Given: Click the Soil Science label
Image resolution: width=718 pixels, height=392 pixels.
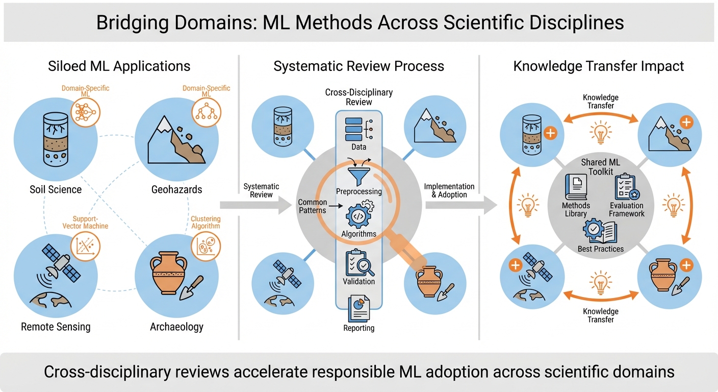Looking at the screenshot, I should coord(56,189).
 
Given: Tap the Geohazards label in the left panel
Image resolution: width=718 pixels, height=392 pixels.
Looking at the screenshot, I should coord(176,189).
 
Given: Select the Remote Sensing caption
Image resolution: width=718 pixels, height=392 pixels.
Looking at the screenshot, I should coord(56,327).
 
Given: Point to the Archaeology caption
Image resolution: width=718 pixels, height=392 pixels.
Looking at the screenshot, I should coord(176,327).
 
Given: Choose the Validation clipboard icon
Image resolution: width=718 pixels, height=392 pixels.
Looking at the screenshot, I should coord(359,262).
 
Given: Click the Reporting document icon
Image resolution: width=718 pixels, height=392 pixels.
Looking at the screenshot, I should coord(359,308).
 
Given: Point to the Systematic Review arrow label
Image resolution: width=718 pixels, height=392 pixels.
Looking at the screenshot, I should coord(262,190).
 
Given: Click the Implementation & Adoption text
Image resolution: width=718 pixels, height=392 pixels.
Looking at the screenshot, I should coord(449,190).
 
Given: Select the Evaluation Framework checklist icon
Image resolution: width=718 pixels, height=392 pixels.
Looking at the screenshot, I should coord(626,187).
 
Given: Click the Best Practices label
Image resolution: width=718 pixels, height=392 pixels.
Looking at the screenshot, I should coord(601,249).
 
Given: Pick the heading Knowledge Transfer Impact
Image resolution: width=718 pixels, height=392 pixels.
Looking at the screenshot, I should coord(599,66).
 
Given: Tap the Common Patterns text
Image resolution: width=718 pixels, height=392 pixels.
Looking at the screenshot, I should coord(312,206).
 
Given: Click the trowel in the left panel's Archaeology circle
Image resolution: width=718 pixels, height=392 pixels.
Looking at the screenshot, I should coord(192,289).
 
